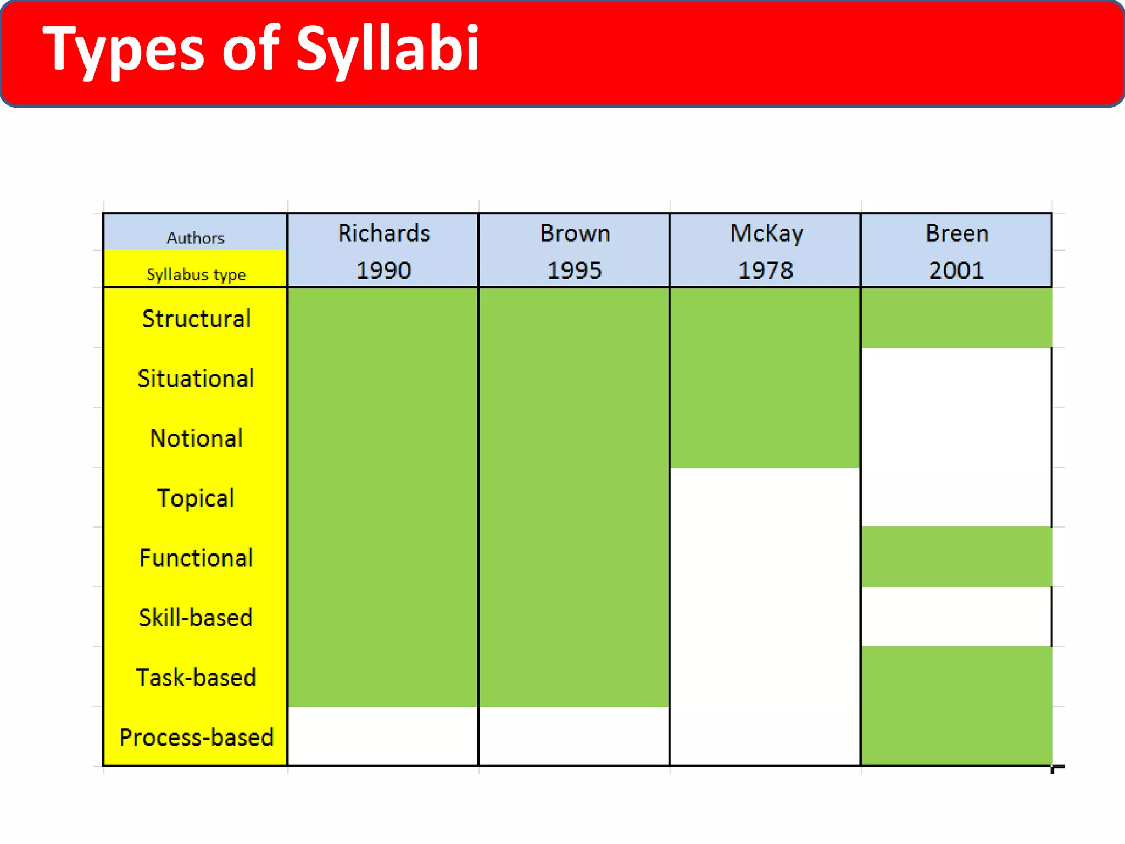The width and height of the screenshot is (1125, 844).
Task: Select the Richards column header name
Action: (x=383, y=233)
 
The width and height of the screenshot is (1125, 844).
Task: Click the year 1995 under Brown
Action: (x=574, y=270)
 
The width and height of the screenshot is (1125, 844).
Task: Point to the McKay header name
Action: (x=766, y=233)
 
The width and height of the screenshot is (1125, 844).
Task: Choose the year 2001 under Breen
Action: (x=956, y=270)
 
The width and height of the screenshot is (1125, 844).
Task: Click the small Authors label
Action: (x=196, y=238)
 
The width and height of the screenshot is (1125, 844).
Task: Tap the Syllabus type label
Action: (x=196, y=274)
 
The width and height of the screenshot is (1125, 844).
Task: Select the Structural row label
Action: (x=196, y=319)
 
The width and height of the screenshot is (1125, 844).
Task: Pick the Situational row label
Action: (x=196, y=379)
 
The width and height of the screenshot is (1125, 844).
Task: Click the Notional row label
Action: (x=196, y=438)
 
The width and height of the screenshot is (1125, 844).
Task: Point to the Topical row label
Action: (x=196, y=498)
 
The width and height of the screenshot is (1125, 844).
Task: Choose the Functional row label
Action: (x=196, y=558)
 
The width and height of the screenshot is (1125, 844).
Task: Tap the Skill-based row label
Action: (x=196, y=618)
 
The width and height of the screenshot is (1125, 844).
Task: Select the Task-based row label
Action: (x=196, y=678)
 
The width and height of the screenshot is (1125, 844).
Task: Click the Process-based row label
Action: (x=196, y=737)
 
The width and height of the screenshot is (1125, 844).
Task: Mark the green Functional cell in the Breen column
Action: (x=956, y=557)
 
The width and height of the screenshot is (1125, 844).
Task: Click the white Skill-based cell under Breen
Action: (x=956, y=617)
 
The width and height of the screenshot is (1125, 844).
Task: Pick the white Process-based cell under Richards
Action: (x=383, y=736)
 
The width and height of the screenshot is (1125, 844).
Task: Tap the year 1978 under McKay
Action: (x=765, y=270)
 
